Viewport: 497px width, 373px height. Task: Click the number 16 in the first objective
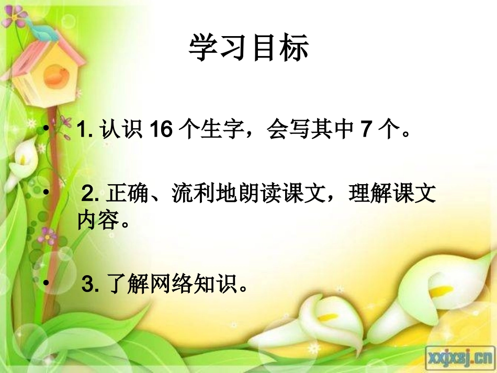[x=161, y=130]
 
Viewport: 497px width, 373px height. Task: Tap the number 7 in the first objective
[x=366, y=130]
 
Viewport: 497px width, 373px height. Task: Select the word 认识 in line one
[x=121, y=130]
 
